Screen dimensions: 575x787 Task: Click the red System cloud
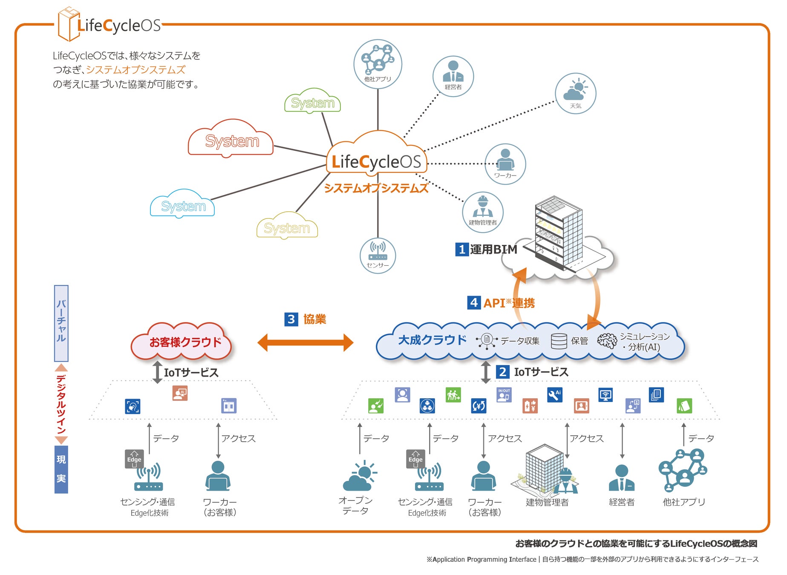pos(231,140)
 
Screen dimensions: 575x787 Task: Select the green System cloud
pos(312,102)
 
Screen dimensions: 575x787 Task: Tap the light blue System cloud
pos(183,205)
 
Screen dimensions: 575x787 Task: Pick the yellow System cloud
pos(287,227)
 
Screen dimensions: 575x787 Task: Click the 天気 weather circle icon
pos(575,93)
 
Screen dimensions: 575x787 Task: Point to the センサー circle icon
pos(378,256)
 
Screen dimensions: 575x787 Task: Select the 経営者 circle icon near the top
pos(453,76)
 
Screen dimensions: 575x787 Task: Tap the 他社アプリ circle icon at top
pos(378,64)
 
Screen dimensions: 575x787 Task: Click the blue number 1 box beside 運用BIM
pos(462,249)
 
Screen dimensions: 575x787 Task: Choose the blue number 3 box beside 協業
pos(291,319)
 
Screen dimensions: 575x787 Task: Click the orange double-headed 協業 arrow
pos(305,342)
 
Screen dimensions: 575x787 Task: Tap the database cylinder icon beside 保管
pos(559,341)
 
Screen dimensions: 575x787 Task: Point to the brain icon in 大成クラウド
pos(607,341)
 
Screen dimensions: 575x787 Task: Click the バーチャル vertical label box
pos(61,323)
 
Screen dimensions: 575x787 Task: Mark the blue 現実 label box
pos(61,469)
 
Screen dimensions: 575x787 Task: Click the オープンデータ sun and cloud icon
pos(360,476)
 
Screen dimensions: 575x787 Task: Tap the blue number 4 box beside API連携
pos(474,302)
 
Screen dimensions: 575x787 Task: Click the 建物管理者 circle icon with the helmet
pos(483,212)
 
